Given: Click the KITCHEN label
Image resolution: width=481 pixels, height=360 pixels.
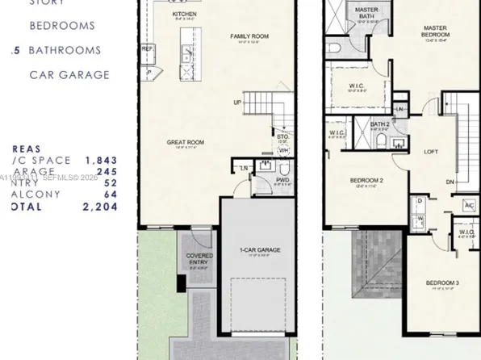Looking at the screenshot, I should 184,15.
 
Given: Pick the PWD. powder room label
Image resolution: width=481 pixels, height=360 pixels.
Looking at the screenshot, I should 282,180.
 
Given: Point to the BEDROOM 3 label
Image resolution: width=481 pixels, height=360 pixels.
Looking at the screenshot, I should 442,283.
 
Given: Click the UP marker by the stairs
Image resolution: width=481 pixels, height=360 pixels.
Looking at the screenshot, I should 238,103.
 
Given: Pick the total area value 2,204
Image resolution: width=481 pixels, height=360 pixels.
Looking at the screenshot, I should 101,207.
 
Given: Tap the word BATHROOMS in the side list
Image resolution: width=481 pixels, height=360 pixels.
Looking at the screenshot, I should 65,50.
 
